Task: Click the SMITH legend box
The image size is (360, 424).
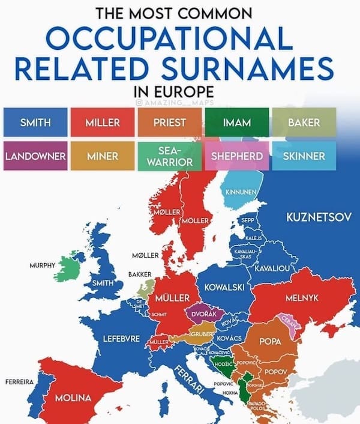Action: (35, 123)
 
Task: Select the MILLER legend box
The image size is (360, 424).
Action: (103, 123)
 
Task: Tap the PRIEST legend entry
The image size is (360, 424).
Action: (170, 123)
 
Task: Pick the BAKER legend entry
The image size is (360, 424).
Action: (304, 123)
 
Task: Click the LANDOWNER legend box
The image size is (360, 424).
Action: (35, 156)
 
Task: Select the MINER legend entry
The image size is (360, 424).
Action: (103, 156)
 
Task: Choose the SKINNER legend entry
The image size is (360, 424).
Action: (304, 156)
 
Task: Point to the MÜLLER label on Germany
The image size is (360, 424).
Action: (173, 298)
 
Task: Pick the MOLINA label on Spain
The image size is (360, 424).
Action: (73, 398)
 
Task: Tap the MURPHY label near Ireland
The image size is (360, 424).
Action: (41, 265)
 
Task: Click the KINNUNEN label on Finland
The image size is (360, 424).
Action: (241, 192)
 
